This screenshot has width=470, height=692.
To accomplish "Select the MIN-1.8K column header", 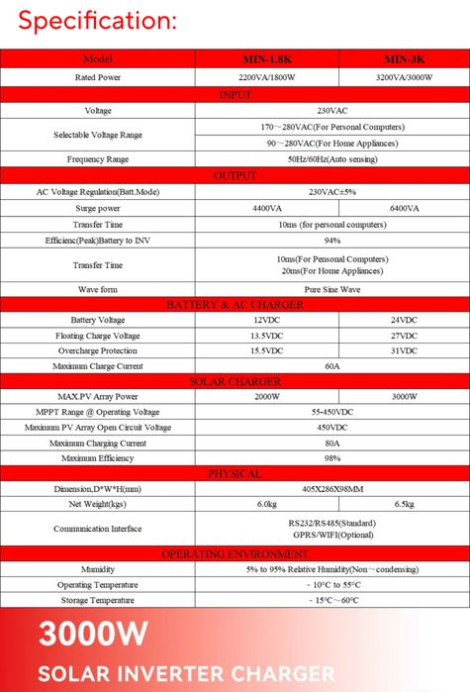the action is click(x=266, y=59).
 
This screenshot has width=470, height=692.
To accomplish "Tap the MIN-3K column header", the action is click(x=404, y=59).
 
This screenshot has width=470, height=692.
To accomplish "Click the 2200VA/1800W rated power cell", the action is click(x=266, y=77).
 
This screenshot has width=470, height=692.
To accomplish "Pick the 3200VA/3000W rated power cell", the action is click(x=404, y=77).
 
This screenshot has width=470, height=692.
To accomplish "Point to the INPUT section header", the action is click(x=235, y=94).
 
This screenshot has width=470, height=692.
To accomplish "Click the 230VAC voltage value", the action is click(x=332, y=110).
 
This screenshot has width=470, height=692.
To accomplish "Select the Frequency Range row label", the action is click(x=98, y=159).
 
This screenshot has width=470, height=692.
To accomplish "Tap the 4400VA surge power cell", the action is click(x=266, y=209).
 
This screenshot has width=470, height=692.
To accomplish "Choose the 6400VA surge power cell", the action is click(x=404, y=209).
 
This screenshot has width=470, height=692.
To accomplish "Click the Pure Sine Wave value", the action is click(x=332, y=289).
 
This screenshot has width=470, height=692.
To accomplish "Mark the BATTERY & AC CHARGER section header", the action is click(x=235, y=304).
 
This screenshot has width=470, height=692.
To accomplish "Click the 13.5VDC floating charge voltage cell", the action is click(x=266, y=336).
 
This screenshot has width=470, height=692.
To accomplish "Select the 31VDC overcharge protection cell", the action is click(x=404, y=351).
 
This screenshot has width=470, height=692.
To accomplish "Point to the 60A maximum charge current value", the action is click(x=332, y=366).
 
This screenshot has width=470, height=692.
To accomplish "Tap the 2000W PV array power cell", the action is click(x=266, y=397).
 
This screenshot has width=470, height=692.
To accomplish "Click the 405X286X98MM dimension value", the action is click(x=332, y=489).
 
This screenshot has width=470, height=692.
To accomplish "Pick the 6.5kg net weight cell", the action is click(x=404, y=505).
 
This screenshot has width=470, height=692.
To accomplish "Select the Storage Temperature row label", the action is click(x=98, y=601).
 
